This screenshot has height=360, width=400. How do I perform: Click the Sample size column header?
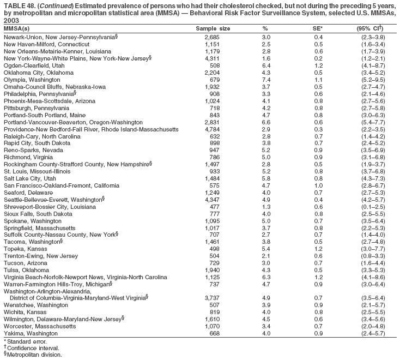(x=213, y=28)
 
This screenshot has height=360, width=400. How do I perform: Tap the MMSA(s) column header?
(x=16, y=28)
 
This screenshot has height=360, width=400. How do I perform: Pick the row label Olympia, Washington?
(x=32, y=80)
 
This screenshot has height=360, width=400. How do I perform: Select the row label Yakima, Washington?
(x=30, y=333)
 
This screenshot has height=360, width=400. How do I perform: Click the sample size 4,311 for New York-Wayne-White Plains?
(x=210, y=58)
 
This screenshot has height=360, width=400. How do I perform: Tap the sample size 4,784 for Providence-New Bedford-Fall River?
(x=210, y=129)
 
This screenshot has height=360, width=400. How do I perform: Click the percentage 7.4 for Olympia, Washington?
(x=266, y=80)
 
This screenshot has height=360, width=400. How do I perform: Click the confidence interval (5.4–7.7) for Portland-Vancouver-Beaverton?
(x=370, y=122)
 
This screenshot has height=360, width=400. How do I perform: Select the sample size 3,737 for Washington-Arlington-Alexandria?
(x=210, y=297)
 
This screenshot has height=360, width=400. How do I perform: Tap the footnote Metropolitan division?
(x=35, y=354)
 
